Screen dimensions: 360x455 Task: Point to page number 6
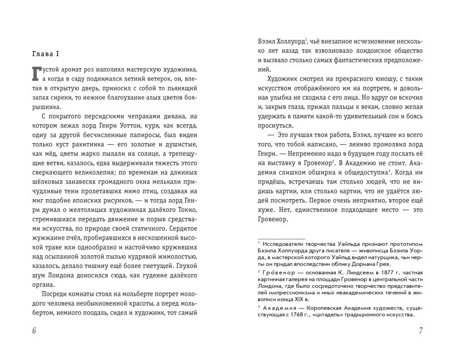34,331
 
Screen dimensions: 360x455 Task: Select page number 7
421,331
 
